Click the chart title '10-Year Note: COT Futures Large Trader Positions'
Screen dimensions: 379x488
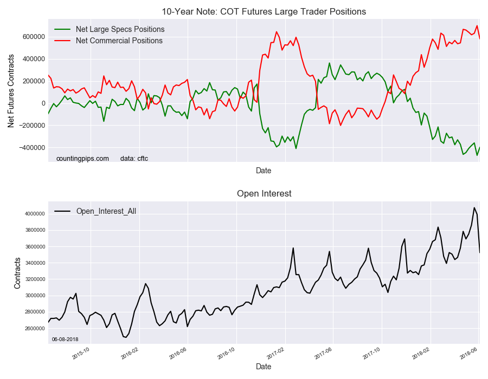click(264, 11)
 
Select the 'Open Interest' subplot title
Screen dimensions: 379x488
click(264, 193)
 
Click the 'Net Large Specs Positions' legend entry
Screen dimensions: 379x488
click(120, 29)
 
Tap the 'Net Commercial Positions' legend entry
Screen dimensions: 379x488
click(119, 41)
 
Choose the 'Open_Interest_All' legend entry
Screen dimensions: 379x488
click(106, 211)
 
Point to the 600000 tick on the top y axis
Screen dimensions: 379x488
click(34, 37)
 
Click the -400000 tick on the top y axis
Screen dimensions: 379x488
click(32, 148)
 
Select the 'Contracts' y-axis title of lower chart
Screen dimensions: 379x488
click(17, 273)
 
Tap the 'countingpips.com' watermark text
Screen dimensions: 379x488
click(82, 159)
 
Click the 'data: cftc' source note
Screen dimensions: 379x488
click(134, 159)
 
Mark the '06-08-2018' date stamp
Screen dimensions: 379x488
click(66, 339)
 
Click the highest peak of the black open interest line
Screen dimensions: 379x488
click(474, 207)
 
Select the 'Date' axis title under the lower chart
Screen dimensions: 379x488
click(264, 367)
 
